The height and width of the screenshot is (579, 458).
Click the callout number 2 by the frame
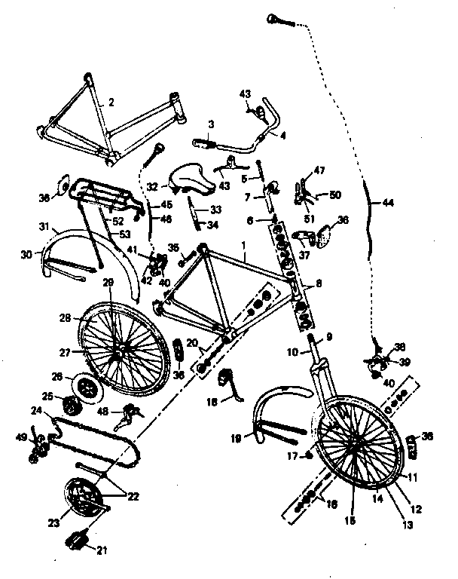(111, 103)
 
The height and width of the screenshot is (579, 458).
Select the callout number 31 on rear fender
(43, 226)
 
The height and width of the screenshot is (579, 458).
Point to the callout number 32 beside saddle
(152, 185)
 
